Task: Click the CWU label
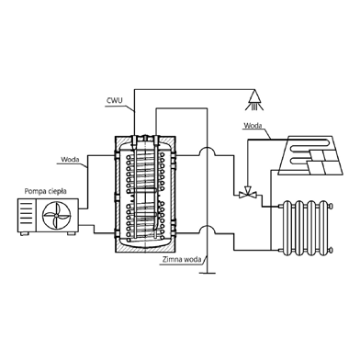tap(113, 101)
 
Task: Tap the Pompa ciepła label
tap(45, 192)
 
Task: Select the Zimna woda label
tap(182, 260)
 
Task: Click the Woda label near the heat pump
tap(70, 160)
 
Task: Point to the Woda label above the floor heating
tap(253, 126)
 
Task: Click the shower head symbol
tap(254, 100)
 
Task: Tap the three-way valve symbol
tap(248, 193)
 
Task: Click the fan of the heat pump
tap(57, 215)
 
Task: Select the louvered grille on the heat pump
tap(27, 215)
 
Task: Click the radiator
tap(306, 227)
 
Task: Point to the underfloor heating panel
tap(310, 155)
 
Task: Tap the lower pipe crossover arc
tap(207, 229)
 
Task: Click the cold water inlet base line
tap(208, 273)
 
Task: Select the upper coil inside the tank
tap(145, 169)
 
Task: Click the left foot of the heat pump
tap(23, 233)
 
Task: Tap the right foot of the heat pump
tap(71, 233)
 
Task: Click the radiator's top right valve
tap(330, 206)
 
